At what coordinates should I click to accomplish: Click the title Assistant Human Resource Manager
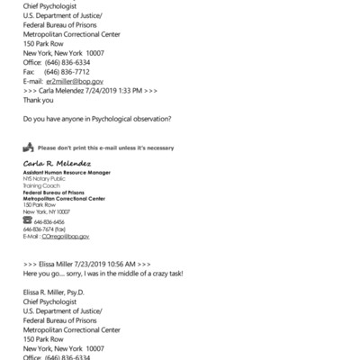(x=67, y=172)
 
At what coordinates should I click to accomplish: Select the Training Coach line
(x=43, y=186)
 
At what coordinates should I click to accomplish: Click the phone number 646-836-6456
(x=49, y=221)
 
